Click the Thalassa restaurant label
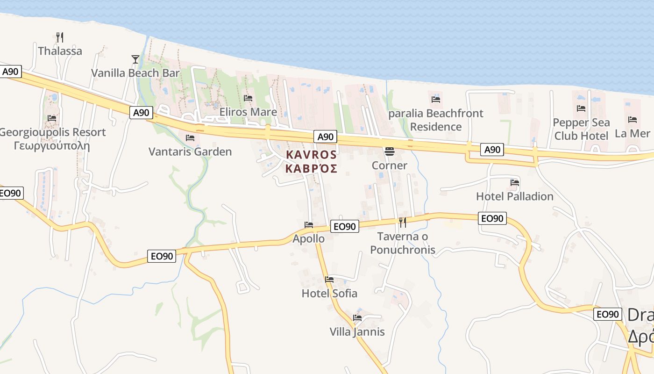[60, 51]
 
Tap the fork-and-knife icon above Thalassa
[60, 36]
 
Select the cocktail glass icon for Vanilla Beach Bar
[135, 59]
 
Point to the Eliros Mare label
[248, 112]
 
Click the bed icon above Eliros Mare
[248, 98]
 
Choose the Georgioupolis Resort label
[52, 132]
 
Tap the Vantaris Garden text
[190, 151]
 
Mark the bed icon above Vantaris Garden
[190, 138]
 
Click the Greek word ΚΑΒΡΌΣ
[311, 168]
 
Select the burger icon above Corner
[390, 151]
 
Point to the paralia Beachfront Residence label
[436, 120]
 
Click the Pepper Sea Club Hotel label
[581, 129]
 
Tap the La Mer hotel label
[632, 133]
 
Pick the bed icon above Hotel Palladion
[515, 182]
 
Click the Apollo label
[308, 238]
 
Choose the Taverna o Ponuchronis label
[403, 243]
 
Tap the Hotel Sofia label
[329, 294]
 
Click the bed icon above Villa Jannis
[357, 318]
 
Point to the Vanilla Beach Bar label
[135, 73]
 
